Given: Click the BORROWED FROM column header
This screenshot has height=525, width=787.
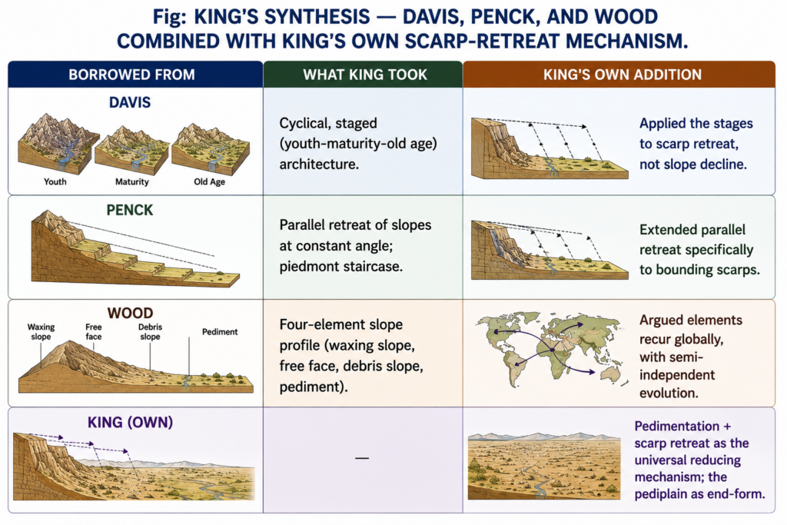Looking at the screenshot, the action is click(x=131, y=75).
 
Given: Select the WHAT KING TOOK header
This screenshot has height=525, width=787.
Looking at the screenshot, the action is click(x=365, y=75).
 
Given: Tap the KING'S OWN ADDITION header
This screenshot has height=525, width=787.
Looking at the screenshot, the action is click(x=622, y=75).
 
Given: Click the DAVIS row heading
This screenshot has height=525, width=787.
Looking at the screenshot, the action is click(x=130, y=102).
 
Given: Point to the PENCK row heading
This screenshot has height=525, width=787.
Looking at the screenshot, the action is click(x=129, y=210).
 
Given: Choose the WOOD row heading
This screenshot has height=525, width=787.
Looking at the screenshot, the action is click(x=130, y=313).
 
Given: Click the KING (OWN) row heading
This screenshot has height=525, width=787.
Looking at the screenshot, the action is click(x=131, y=423).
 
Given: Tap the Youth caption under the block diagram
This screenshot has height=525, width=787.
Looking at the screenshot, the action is click(x=55, y=181).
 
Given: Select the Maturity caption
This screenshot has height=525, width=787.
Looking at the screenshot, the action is click(x=132, y=181).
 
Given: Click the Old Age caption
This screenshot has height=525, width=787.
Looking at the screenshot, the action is click(x=209, y=181).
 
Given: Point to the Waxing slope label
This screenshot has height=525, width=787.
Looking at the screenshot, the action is click(x=42, y=332).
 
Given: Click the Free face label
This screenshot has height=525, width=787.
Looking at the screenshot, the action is click(x=93, y=332).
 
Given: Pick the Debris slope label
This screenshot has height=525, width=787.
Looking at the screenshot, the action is click(x=150, y=332).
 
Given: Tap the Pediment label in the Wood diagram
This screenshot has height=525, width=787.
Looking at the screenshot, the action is click(x=220, y=332).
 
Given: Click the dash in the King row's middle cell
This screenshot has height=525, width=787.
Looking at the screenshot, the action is click(x=362, y=458).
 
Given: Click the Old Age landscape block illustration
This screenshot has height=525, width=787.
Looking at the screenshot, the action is click(x=211, y=148).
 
